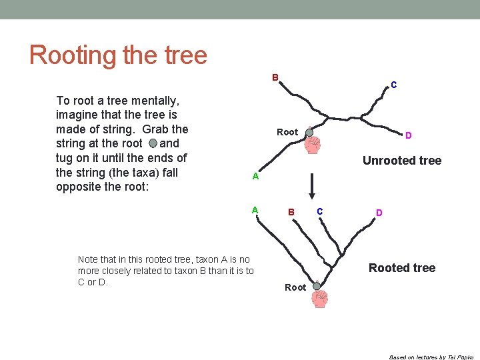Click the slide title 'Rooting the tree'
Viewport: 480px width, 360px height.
point(118,55)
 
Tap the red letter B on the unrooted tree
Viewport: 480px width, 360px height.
point(275,77)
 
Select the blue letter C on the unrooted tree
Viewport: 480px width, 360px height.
point(394,85)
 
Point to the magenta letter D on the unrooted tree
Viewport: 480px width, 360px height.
point(408,135)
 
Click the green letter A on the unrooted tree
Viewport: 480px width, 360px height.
point(255,177)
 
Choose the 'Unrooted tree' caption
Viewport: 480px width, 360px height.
point(401,160)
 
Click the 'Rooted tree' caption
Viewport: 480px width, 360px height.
point(401,268)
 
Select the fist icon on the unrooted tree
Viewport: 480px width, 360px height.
point(312,145)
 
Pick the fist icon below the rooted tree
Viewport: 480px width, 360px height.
point(321,299)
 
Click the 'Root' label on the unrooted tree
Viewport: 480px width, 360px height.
point(287,132)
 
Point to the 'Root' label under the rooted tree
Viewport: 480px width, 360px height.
point(295,287)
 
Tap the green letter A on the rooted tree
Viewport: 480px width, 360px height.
point(255,209)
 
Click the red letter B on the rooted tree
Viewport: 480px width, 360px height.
point(291,213)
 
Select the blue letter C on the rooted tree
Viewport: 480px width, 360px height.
point(320,211)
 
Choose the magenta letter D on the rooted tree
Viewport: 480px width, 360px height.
point(379,213)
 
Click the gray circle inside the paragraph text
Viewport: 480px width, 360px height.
point(153,143)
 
